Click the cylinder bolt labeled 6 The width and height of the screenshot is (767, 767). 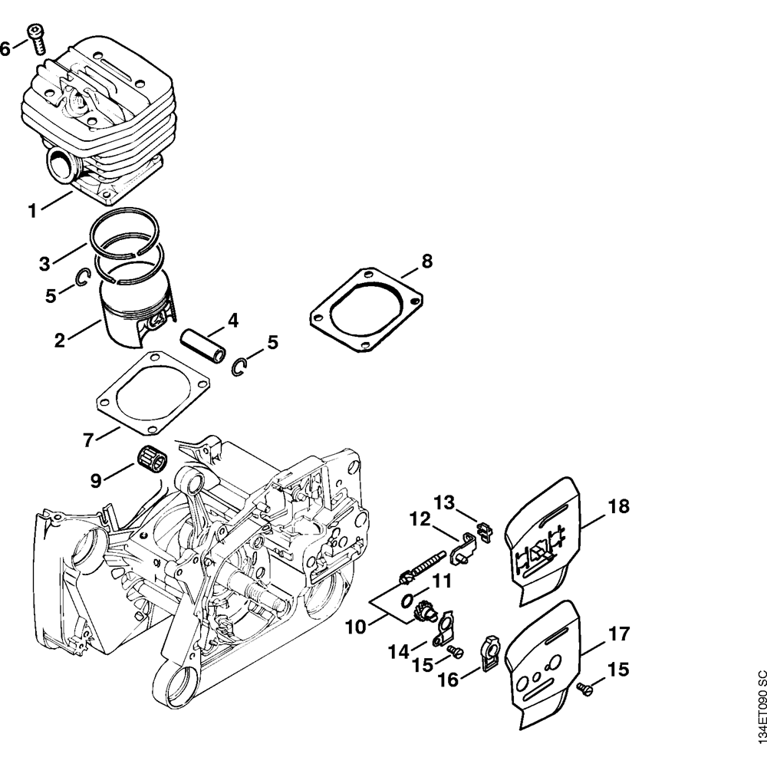pos(37,38)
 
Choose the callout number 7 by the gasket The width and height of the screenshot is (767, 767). pos(89,440)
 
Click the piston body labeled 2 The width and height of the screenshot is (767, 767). pos(134,311)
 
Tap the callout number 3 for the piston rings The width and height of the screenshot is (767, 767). pos(45,265)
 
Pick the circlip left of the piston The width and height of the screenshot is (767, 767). pos(84,281)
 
